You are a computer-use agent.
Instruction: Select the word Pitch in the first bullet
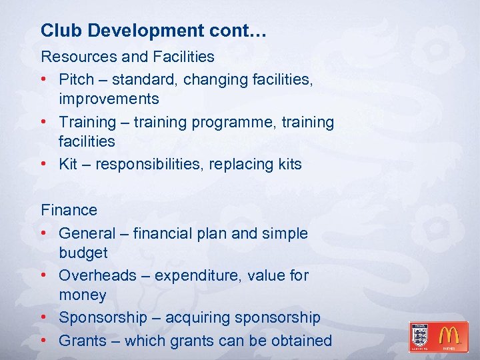pos(77,79)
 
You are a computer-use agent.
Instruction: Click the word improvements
pos(109,99)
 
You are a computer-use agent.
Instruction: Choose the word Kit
pos(68,164)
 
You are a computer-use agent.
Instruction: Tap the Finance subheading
pos(69,210)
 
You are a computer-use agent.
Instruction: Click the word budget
pos(83,253)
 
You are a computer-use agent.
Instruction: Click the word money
pos(83,295)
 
